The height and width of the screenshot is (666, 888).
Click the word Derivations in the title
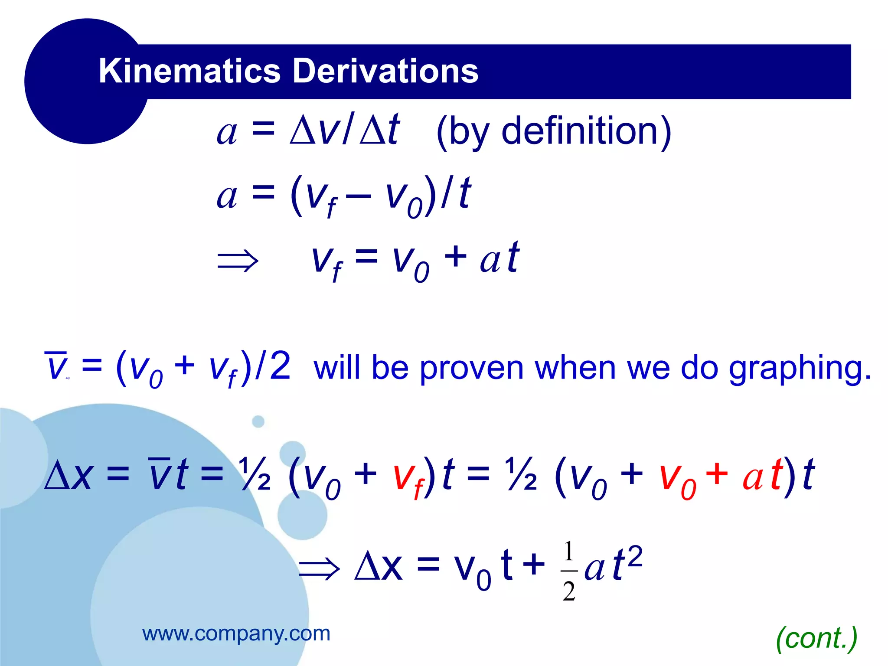tap(386, 71)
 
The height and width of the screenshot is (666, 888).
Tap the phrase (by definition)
tap(553, 132)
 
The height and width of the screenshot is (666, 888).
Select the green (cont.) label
tap(816, 638)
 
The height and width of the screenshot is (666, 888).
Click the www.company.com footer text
tap(236, 634)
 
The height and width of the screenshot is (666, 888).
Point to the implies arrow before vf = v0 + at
tap(238, 261)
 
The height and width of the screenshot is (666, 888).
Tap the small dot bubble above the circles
tap(258, 421)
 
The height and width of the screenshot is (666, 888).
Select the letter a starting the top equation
tap(227, 132)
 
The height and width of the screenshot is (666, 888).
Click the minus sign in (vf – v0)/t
tap(359, 196)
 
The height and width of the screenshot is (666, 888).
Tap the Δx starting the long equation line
tap(69, 476)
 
